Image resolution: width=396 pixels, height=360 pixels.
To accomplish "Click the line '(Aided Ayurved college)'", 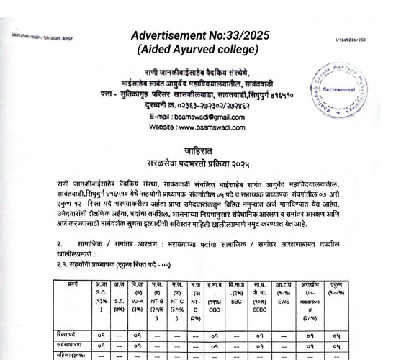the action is click(198, 49).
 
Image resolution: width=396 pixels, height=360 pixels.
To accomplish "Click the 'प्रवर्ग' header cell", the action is click(72, 285).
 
